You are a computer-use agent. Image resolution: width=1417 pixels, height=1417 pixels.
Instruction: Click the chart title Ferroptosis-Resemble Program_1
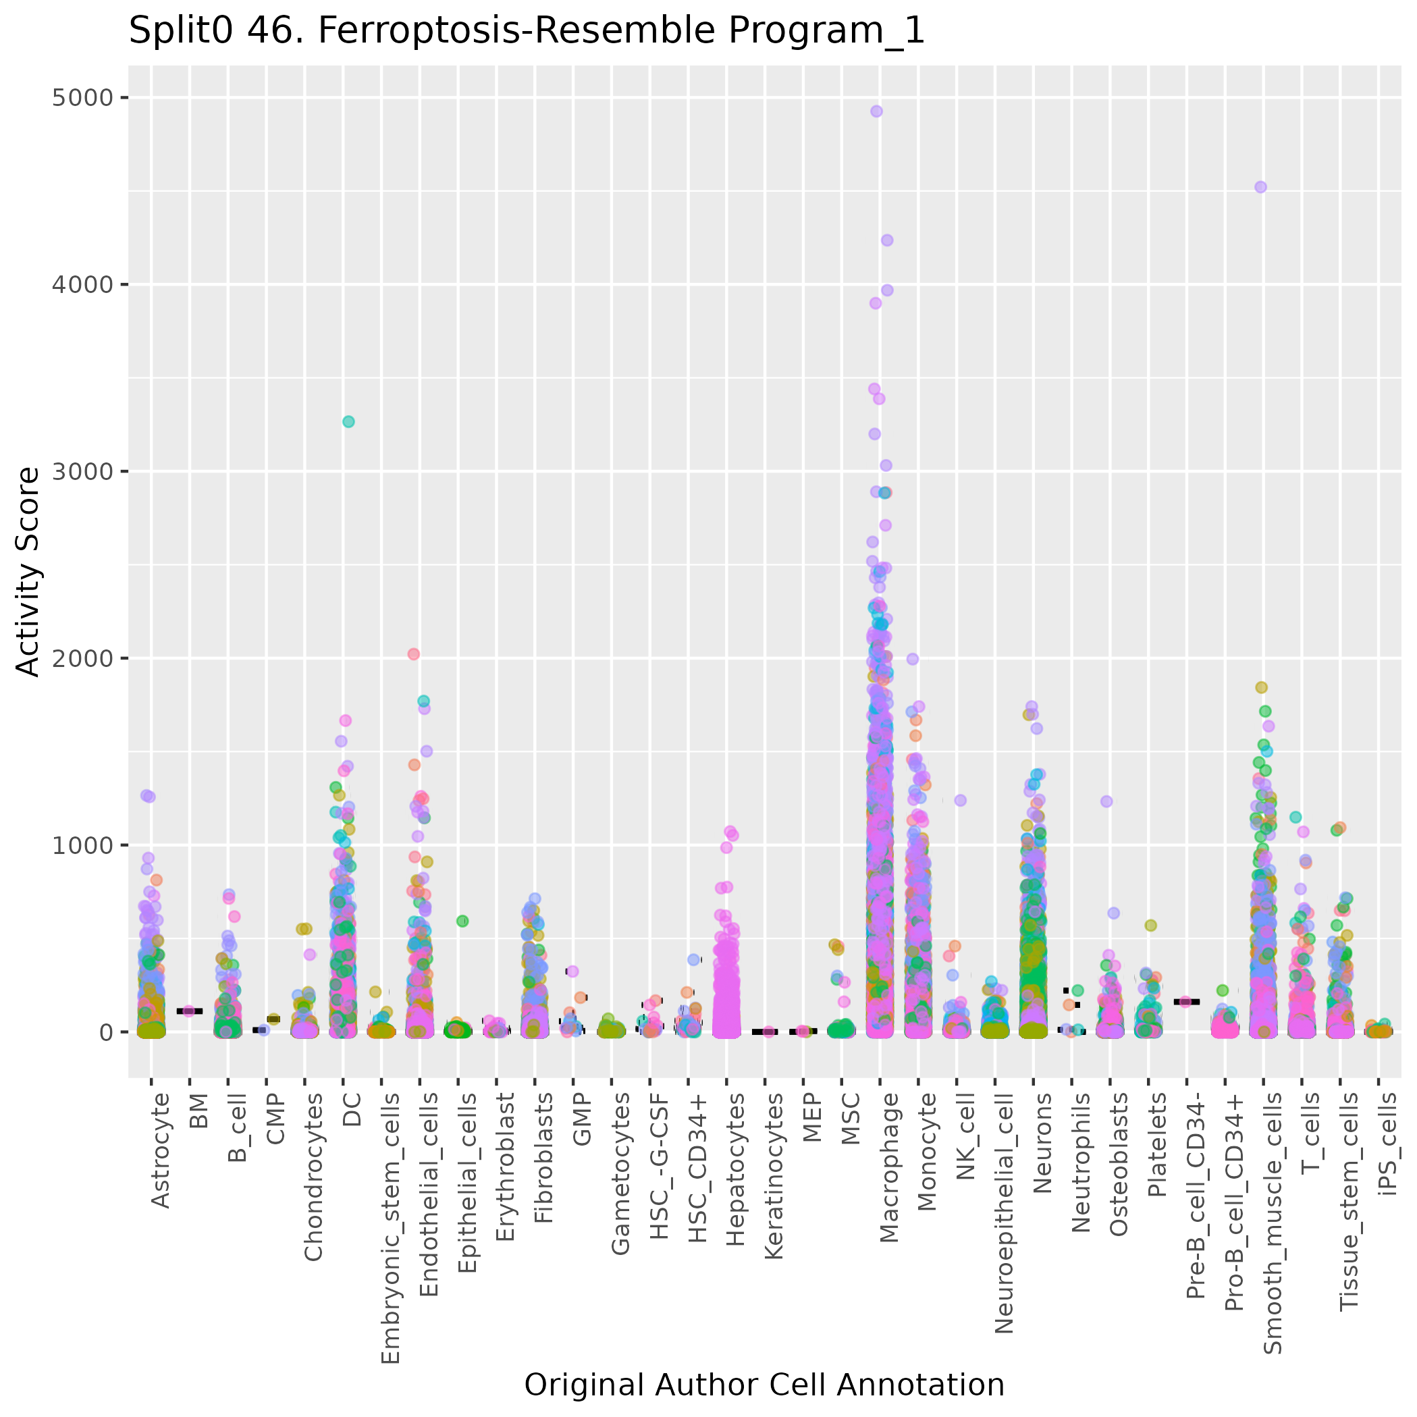pyautogui.click(x=526, y=31)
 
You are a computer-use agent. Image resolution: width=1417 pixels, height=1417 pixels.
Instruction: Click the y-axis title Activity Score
pyautogui.click(x=28, y=571)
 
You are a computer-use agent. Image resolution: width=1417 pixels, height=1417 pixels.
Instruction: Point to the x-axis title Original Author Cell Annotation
pyautogui.click(x=764, y=1385)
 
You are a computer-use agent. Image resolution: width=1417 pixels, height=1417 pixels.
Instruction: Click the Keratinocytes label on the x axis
pyautogui.click(x=774, y=1177)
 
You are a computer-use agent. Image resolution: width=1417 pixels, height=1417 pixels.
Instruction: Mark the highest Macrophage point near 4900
pyautogui.click(x=876, y=111)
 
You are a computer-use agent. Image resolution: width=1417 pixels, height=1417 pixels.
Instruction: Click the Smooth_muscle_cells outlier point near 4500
pyautogui.click(x=1261, y=187)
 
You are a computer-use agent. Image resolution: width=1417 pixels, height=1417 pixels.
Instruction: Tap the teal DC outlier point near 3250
pyautogui.click(x=348, y=422)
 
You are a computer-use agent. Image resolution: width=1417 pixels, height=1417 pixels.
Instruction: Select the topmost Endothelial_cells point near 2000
pyautogui.click(x=414, y=654)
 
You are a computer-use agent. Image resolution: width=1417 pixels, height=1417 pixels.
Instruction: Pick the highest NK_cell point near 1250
pyautogui.click(x=961, y=800)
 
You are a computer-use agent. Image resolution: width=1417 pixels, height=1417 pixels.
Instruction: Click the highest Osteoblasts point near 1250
pyautogui.click(x=1106, y=801)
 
